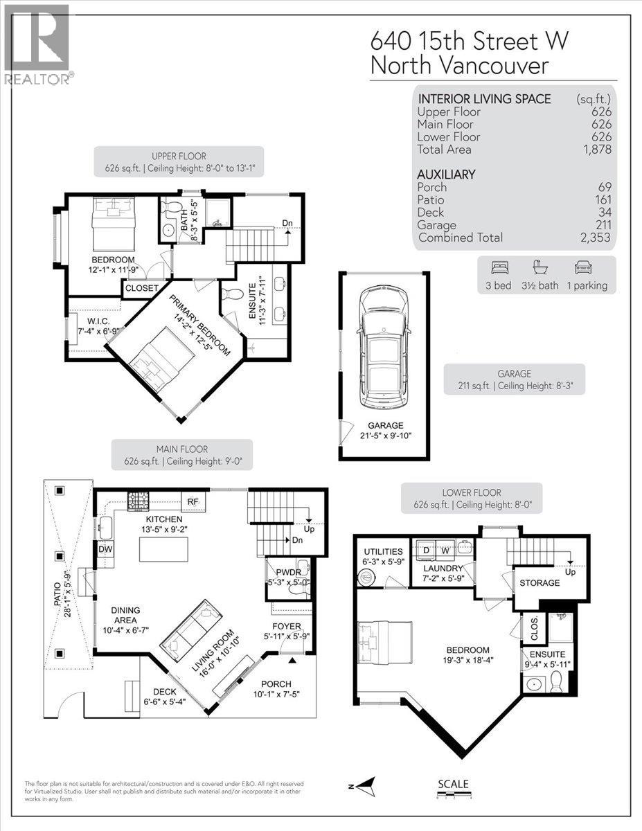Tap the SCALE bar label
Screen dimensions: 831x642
tap(454, 784)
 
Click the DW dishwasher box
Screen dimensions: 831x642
tap(106, 549)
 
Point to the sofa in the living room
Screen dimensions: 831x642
tap(190, 627)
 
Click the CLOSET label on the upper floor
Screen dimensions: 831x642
tap(142, 288)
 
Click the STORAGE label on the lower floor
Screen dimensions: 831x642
tap(540, 583)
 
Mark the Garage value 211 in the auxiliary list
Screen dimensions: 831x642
tap(601, 225)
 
